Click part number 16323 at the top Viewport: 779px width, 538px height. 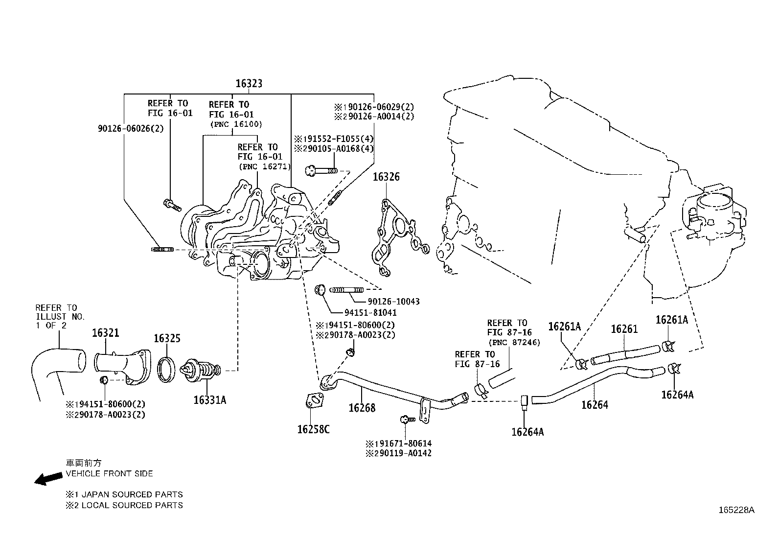pyautogui.click(x=249, y=84)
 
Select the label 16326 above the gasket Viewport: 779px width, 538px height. pyautogui.click(x=386, y=177)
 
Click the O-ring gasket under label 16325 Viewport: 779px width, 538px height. pyautogui.click(x=167, y=369)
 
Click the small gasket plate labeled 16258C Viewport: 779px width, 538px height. pyautogui.click(x=314, y=401)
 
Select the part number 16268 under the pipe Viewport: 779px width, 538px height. pyautogui.click(x=362, y=407)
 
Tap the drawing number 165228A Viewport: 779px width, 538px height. pyautogui.click(x=736, y=510)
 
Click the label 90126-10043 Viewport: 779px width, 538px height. pyautogui.click(x=393, y=302)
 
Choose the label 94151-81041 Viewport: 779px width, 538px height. pyautogui.click(x=370, y=312)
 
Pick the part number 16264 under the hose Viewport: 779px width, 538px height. pyautogui.click(x=595, y=405)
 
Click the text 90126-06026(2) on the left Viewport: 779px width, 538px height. pyautogui.click(x=131, y=128)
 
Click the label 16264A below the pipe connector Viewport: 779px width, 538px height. pyautogui.click(x=527, y=432)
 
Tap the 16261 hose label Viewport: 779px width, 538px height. pyautogui.click(x=624, y=329)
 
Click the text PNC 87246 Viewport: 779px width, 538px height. pyautogui.click(x=514, y=343)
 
